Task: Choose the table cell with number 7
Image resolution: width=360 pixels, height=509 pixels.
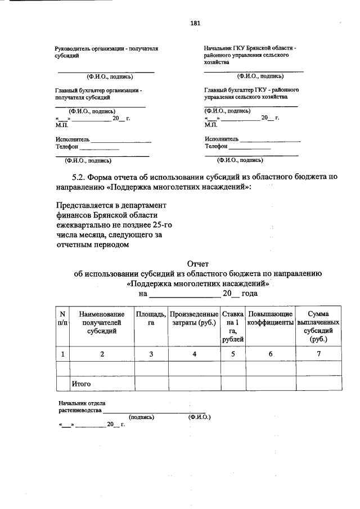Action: [x=318, y=353]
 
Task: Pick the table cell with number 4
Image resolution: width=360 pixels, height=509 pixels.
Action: [x=194, y=353]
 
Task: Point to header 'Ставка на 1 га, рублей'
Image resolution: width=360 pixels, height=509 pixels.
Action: [x=233, y=326]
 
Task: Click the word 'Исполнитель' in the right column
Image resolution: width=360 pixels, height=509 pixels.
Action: [x=222, y=139]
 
